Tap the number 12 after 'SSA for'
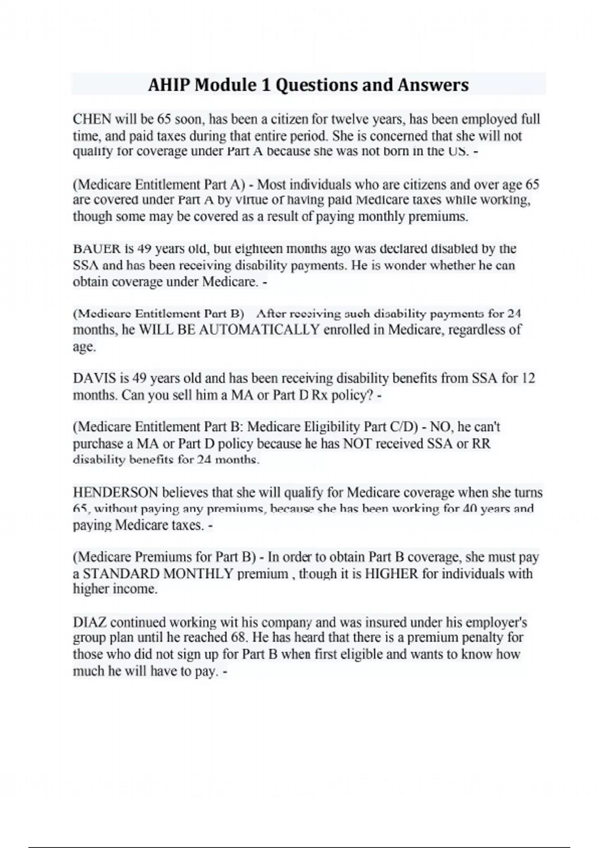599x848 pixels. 528,378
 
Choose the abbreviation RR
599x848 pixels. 481,443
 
